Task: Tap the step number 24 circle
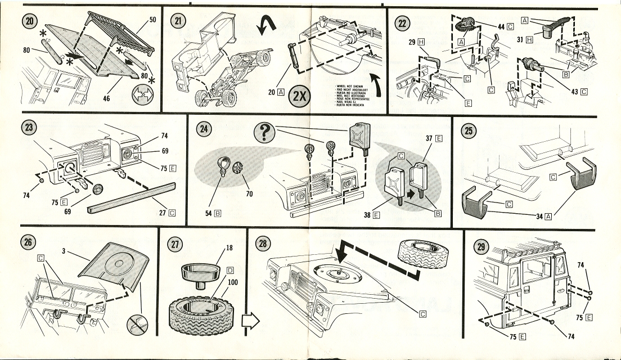pos(202,130)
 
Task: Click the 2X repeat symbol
pos(298,96)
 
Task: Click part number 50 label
pos(151,20)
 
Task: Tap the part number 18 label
pos(228,248)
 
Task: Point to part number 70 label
pos(249,194)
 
